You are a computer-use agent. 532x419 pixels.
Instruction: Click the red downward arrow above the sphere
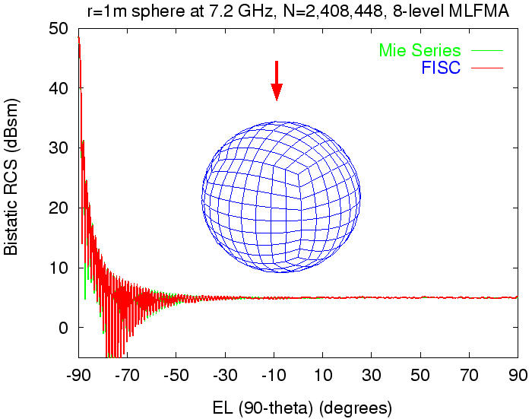(277, 81)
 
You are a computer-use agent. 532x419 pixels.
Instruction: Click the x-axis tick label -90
(78, 375)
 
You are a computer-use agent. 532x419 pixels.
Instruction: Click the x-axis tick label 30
(372, 375)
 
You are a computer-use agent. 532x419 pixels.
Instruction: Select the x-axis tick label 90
(518, 375)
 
